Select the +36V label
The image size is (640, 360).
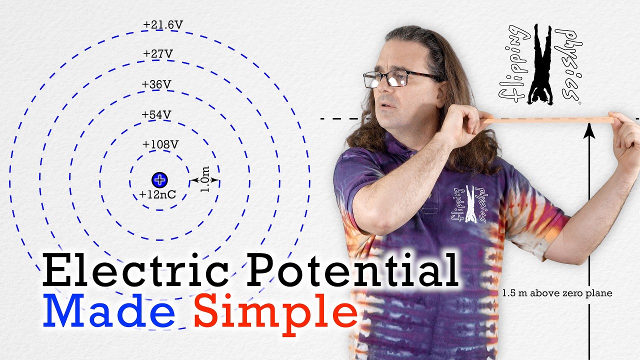pyautogui.click(x=156, y=84)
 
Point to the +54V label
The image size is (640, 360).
pyautogui.click(x=156, y=114)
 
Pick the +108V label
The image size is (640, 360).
pyautogui.click(x=160, y=144)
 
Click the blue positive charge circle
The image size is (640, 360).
pyautogui.click(x=159, y=180)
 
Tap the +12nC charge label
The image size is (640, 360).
pyautogui.click(x=157, y=194)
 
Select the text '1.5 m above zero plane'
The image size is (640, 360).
pyautogui.click(x=557, y=293)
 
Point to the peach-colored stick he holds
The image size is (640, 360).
pyautogui.click(x=548, y=120)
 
